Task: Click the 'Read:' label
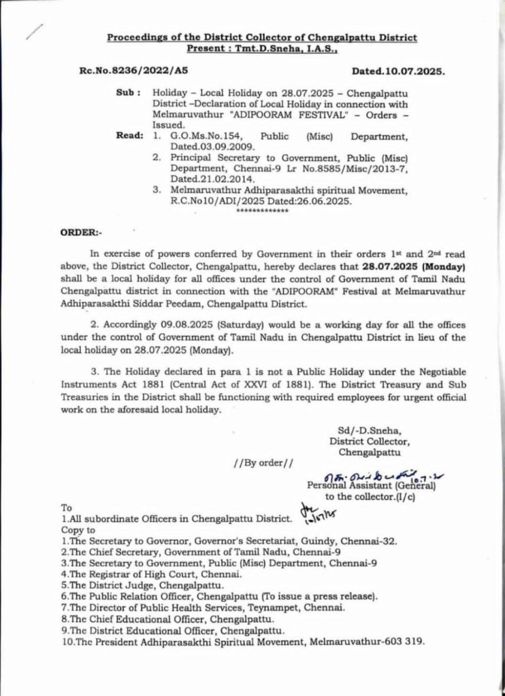tap(129, 136)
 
